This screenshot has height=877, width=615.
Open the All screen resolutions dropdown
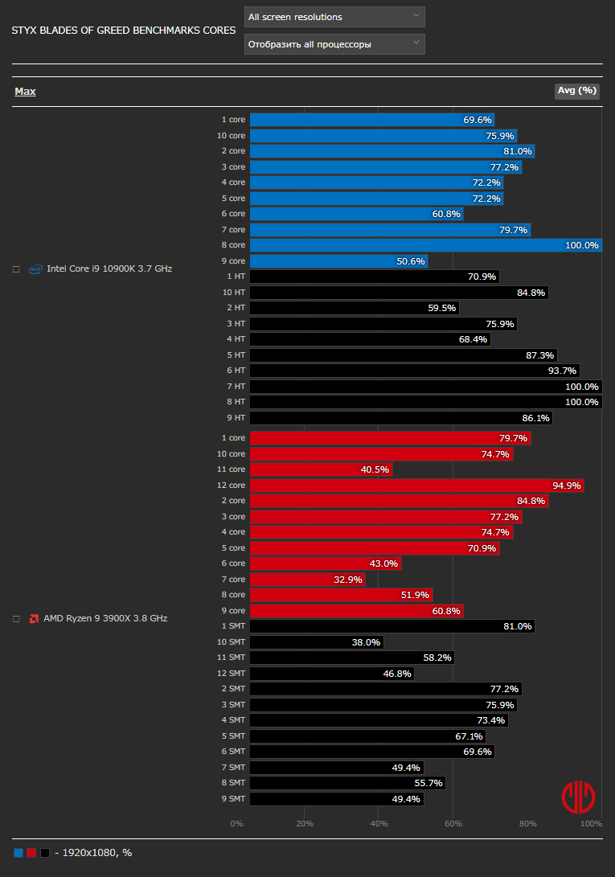click(334, 17)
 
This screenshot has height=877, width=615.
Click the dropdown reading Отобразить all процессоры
click(334, 44)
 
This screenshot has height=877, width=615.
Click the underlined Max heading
click(25, 92)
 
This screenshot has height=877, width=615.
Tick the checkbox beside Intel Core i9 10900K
click(16, 269)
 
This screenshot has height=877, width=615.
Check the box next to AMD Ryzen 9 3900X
click(16, 619)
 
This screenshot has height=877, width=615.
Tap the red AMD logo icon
click(35, 619)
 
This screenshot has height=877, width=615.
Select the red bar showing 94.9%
click(416, 486)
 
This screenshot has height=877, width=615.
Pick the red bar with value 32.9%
click(307, 580)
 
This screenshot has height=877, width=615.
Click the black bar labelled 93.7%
click(425, 371)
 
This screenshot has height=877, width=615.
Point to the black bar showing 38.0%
click(316, 642)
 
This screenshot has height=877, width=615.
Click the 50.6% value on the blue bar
click(410, 261)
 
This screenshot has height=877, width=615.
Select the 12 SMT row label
click(232, 674)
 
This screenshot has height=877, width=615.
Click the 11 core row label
click(232, 469)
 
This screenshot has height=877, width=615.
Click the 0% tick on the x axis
click(236, 824)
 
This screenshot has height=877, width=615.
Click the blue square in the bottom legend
click(18, 853)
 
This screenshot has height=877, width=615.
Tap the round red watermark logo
click(578, 797)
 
